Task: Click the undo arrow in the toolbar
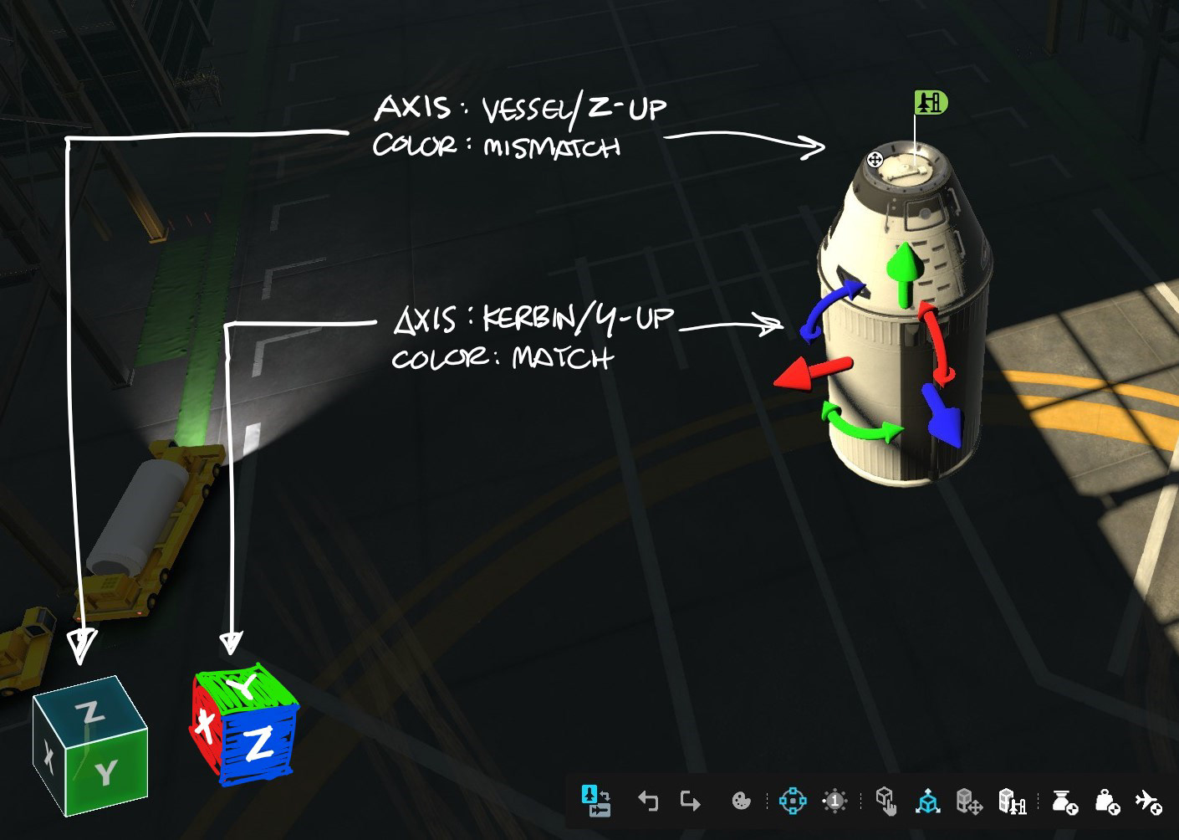coord(648,802)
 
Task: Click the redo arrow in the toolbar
coord(690,802)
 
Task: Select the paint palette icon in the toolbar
coord(741,802)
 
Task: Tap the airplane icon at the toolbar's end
coord(1148,802)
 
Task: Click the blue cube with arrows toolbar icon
coord(927,802)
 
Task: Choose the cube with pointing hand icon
coord(886,802)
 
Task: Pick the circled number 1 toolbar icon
coord(834,802)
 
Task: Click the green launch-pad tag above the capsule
coord(930,102)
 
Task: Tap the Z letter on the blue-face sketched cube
coord(258,744)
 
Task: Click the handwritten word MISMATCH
coord(552,148)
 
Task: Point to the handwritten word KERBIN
coord(529,319)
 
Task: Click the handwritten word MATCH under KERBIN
coord(563,358)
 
